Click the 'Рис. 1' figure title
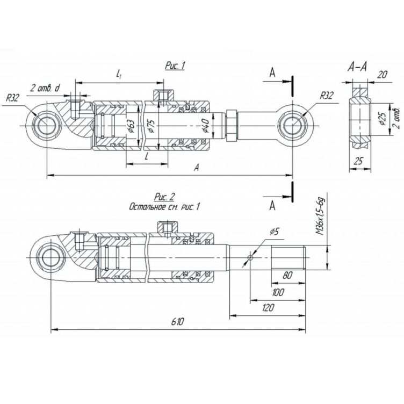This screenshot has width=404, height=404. [x=175, y=66]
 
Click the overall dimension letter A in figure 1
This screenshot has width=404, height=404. [x=198, y=168]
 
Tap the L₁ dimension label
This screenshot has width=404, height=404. [x=119, y=77]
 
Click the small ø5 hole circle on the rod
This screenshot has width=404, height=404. [x=250, y=257]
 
